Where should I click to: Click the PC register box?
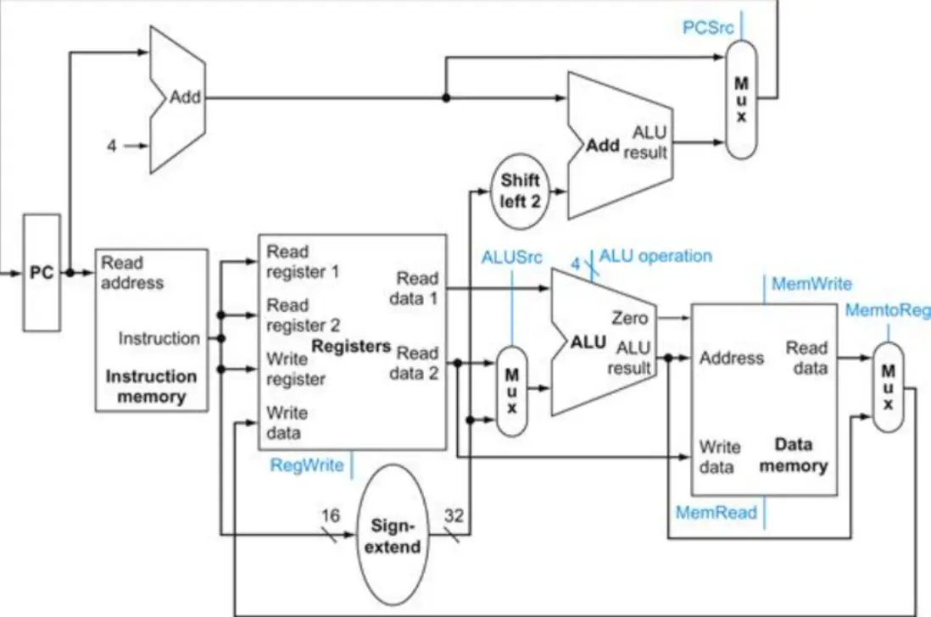point(41,272)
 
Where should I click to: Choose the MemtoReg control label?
point(887,311)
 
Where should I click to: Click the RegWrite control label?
point(307,464)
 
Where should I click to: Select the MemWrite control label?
point(811,284)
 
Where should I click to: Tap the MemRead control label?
point(716,513)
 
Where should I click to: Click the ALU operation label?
point(655,255)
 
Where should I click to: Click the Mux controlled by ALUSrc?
point(511,389)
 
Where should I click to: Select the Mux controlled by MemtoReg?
point(888,386)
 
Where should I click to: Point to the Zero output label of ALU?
point(630,319)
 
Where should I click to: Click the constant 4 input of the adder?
point(111,146)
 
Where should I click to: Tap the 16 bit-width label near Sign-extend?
point(332,514)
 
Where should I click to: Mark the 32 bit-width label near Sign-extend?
point(453,514)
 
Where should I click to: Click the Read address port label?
point(131,272)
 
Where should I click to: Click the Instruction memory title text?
point(151,386)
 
